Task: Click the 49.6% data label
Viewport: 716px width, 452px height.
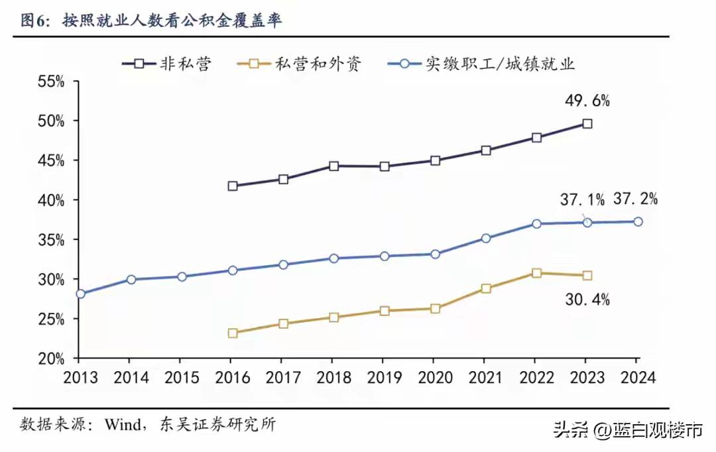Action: pos(587,101)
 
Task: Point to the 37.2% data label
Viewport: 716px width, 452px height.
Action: pos(635,199)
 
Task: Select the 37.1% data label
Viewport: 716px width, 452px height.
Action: pos(582,199)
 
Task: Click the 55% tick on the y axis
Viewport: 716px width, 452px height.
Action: pos(50,82)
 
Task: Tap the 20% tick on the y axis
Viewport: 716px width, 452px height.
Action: pos(50,359)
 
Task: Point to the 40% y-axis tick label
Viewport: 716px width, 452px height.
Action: pos(50,200)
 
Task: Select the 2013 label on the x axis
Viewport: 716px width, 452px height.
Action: pos(80,378)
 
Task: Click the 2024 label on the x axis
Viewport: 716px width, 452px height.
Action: pos(636,378)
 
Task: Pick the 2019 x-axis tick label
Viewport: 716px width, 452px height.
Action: pos(383,378)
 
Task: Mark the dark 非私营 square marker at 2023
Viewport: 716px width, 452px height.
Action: pos(587,123)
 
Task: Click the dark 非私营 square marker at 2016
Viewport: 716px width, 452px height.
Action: pos(233,186)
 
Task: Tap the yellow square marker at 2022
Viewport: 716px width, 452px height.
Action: pos(536,273)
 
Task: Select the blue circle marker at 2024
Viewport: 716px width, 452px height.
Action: pos(637,221)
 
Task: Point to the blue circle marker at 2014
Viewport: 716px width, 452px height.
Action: pos(131,280)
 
